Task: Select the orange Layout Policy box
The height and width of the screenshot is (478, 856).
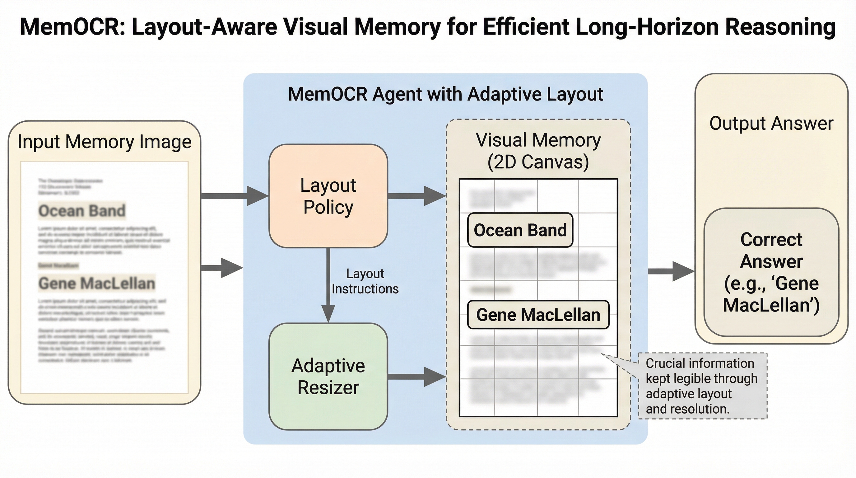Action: tap(328, 196)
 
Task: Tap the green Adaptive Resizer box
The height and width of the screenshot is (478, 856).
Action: tap(328, 376)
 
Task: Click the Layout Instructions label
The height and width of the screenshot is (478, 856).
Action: tap(365, 281)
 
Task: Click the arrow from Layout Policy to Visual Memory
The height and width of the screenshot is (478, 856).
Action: tap(417, 196)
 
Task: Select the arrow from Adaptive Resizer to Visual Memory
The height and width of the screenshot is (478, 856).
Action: tap(417, 377)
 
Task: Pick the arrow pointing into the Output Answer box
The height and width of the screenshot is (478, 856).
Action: tap(671, 271)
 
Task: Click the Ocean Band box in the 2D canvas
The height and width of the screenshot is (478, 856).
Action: tap(520, 230)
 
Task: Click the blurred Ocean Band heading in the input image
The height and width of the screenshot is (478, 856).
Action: tap(82, 211)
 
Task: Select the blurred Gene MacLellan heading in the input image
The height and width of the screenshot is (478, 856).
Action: tap(97, 283)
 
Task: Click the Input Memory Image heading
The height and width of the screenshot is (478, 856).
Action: tap(104, 142)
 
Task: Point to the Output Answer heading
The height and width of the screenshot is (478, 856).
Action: tap(771, 123)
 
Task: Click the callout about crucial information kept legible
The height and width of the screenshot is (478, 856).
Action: tap(702, 386)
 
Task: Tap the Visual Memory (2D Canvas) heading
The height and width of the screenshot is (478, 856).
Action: tap(538, 151)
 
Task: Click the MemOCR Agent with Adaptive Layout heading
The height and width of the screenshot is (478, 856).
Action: tap(445, 94)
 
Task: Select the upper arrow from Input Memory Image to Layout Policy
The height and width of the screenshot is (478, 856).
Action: tap(235, 196)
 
